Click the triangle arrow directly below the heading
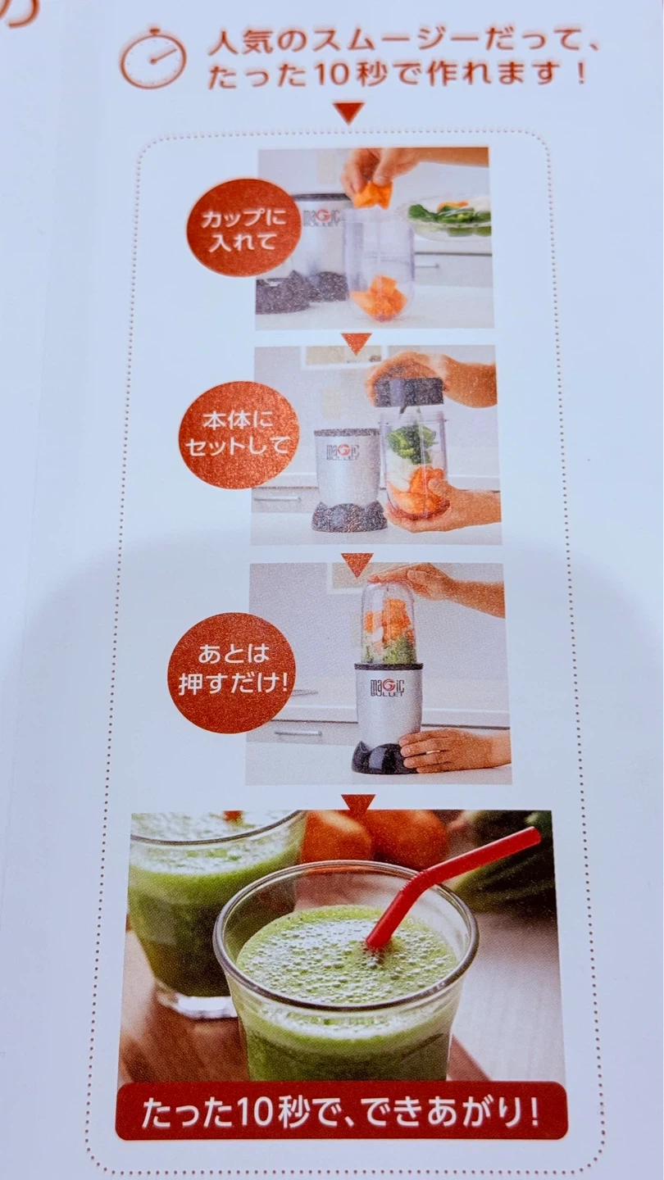[349, 111]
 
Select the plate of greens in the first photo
[451, 216]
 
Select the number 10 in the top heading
[333, 75]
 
